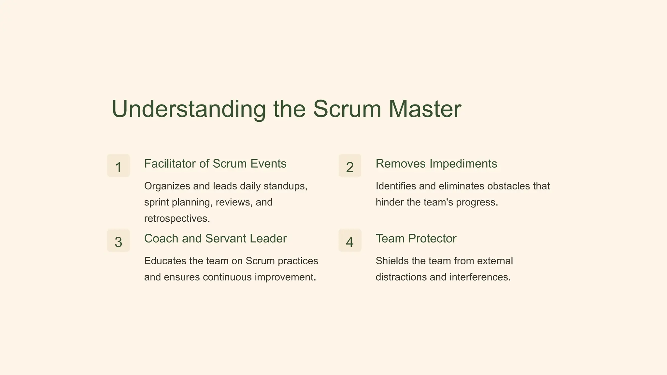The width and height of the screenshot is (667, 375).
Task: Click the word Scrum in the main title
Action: click(347, 109)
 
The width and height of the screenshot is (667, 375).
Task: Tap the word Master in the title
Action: click(425, 109)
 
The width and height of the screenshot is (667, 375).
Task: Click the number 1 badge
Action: click(119, 166)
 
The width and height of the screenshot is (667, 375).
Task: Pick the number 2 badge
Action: click(350, 166)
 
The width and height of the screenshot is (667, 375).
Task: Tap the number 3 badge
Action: click(119, 241)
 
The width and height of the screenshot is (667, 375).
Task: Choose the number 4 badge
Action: click(350, 241)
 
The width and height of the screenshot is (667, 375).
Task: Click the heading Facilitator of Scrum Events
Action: click(215, 164)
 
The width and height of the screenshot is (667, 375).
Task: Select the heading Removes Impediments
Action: click(436, 164)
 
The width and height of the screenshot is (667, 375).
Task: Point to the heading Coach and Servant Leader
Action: click(215, 239)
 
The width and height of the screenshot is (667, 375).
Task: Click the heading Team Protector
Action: click(416, 239)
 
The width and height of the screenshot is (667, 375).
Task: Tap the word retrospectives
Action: click(177, 219)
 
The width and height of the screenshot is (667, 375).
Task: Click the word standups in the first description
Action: click(285, 187)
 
